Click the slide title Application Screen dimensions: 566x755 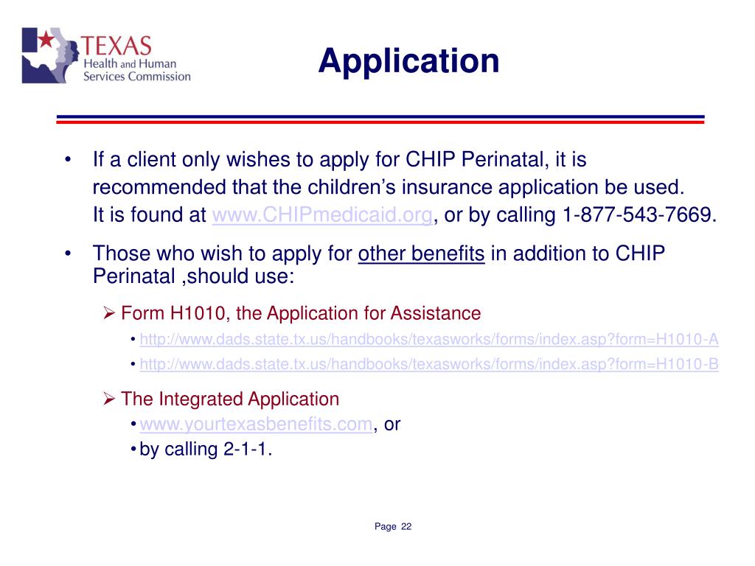coord(408,60)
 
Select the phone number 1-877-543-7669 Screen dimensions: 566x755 coord(639,216)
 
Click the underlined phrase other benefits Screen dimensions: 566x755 coord(421,254)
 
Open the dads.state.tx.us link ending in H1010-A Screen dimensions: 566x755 coord(429,340)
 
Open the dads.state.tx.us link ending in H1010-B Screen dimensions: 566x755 coord(429,364)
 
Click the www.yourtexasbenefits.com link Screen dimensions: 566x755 coord(255,424)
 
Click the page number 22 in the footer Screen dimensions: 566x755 coord(406,526)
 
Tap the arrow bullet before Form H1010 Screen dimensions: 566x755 coord(108,314)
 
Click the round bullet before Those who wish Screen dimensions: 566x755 coord(67,254)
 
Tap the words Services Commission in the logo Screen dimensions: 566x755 coord(136,76)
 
